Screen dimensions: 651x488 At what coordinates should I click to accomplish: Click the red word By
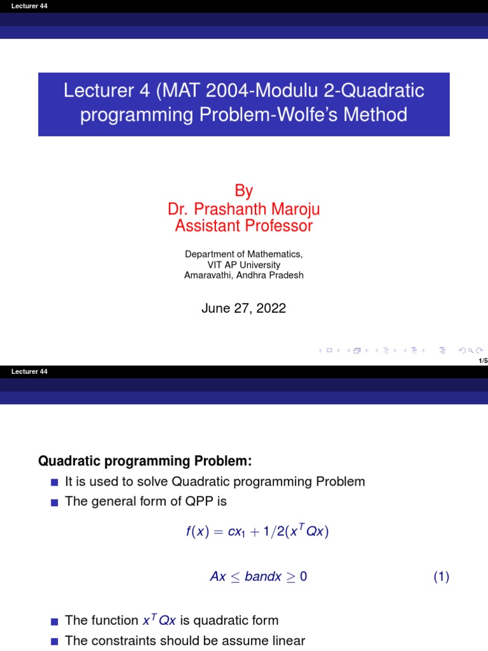(x=244, y=191)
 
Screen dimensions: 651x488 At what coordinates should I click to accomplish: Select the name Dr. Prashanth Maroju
(x=244, y=209)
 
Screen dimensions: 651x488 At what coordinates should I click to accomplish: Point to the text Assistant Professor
(x=244, y=226)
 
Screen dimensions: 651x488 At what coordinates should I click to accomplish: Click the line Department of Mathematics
(x=244, y=254)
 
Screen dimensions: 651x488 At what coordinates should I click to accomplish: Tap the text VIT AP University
(x=244, y=264)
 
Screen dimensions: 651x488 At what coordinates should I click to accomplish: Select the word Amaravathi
(x=205, y=275)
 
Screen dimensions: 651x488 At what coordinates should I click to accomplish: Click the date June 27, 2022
(x=244, y=308)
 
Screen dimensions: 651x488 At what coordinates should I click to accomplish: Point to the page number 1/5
(x=482, y=360)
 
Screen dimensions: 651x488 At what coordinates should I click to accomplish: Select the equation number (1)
(x=442, y=577)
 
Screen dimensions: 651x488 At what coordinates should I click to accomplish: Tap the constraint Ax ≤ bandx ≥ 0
(x=259, y=577)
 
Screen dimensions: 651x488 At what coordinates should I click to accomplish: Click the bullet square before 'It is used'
(x=53, y=483)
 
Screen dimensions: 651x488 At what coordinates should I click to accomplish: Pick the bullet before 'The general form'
(x=53, y=502)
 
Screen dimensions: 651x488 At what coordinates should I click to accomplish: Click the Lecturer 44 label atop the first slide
(x=25, y=6)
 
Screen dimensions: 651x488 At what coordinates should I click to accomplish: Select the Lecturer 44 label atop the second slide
(x=25, y=371)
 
